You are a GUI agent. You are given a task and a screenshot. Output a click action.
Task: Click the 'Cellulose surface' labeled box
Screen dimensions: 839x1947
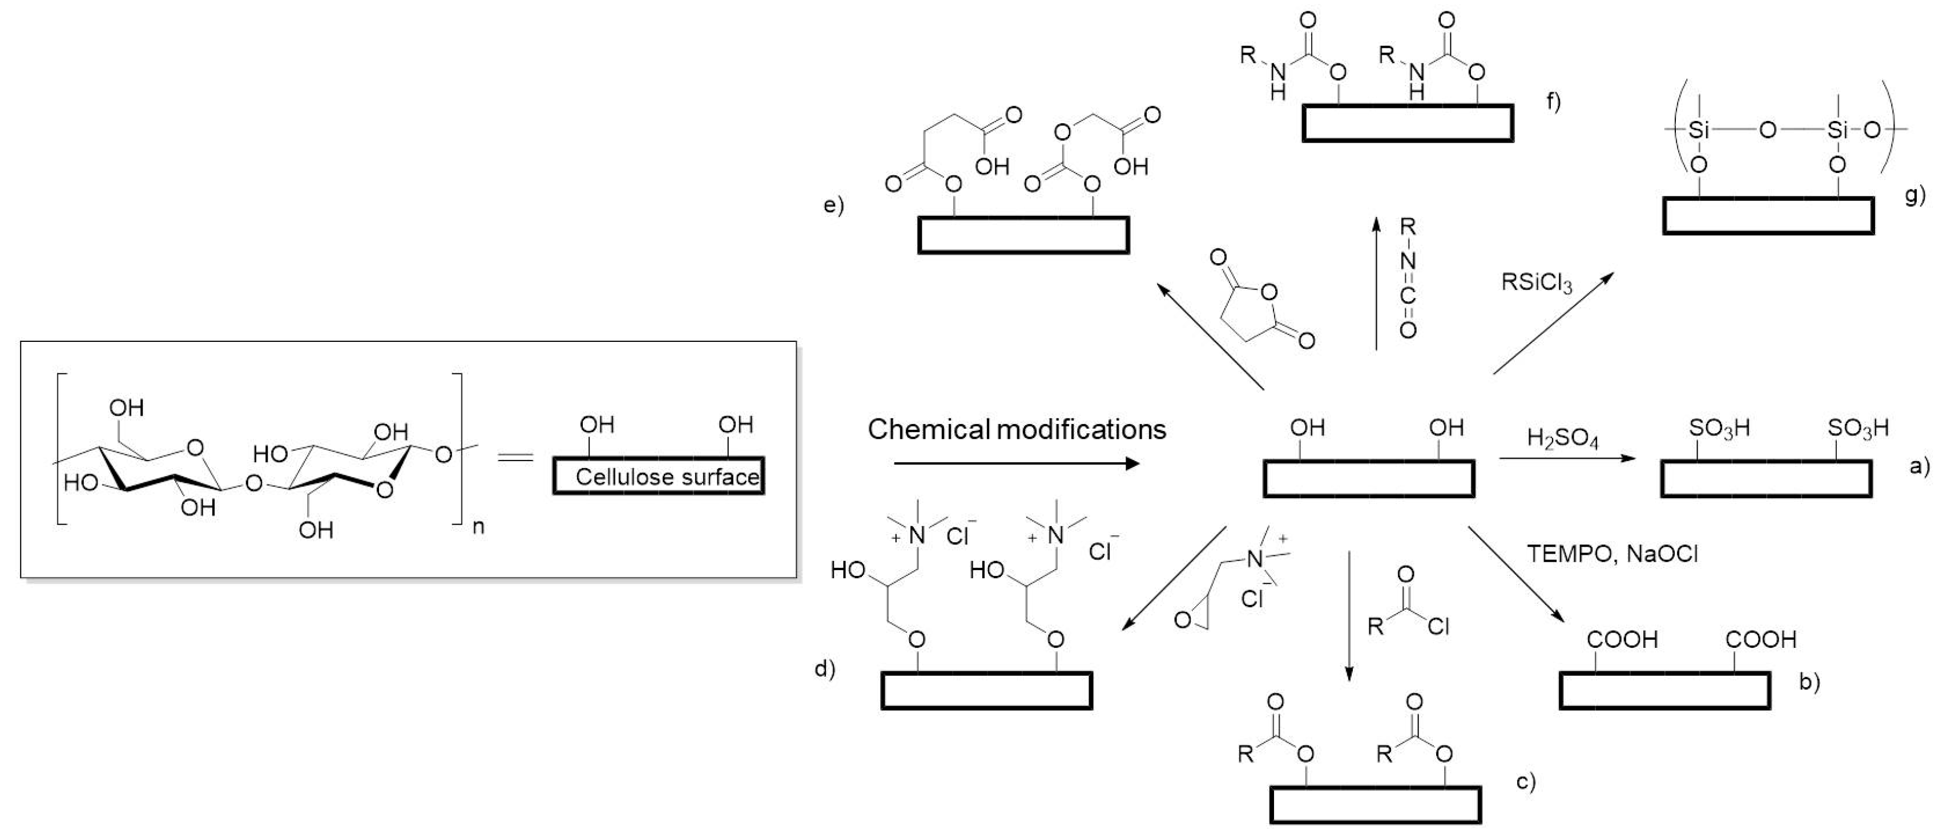pos(658,476)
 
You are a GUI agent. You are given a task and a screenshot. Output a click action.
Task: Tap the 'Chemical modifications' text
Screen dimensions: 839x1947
pos(1017,429)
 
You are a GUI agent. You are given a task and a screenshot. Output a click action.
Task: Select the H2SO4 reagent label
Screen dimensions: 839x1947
pos(1562,438)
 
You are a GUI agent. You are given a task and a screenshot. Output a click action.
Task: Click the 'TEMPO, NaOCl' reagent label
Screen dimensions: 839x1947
pos(1612,554)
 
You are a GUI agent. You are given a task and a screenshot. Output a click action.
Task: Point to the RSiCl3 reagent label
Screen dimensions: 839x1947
pos(1536,284)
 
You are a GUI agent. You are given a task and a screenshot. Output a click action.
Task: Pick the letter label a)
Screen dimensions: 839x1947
pos(1918,466)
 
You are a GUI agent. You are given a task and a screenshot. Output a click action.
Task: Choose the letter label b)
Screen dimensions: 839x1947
pos(1809,682)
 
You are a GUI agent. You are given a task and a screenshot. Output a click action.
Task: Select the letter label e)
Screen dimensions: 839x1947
pos(833,205)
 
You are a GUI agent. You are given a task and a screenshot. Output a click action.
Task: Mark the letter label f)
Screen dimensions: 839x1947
pos(1553,100)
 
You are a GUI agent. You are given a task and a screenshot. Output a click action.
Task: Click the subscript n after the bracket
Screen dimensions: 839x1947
pos(478,527)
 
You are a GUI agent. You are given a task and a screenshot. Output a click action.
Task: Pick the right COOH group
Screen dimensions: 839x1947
pos(1760,639)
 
